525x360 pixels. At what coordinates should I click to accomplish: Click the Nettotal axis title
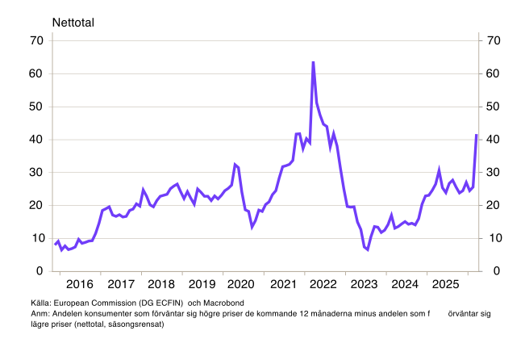(x=73, y=22)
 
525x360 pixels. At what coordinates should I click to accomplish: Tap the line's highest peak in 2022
(x=313, y=62)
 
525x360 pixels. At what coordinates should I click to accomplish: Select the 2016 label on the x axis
(x=79, y=284)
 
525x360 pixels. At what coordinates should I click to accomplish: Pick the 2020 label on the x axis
(x=242, y=284)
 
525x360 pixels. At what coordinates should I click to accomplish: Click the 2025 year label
(x=446, y=284)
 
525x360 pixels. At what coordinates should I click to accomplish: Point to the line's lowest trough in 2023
(x=368, y=249)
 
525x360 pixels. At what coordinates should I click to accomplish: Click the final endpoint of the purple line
(x=476, y=136)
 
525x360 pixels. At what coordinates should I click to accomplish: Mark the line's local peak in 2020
(x=235, y=165)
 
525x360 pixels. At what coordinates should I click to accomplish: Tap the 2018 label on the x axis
(x=160, y=284)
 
